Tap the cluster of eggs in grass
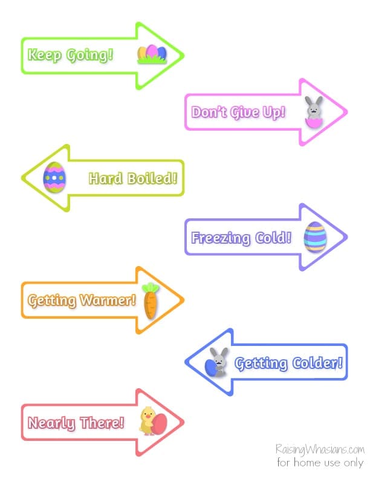(151, 54)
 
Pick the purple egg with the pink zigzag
(54, 177)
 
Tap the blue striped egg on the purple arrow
(315, 236)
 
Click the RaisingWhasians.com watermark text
(320, 450)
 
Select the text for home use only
(320, 463)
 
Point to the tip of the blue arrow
(186, 363)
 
